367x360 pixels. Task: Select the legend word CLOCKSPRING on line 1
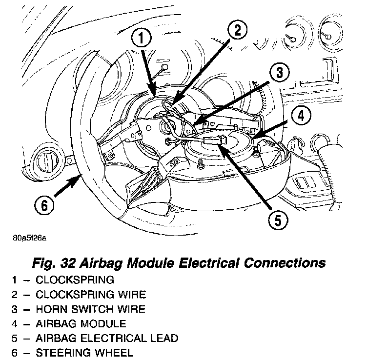pyautogui.click(x=75, y=280)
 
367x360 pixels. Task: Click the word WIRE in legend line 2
pyautogui.click(x=132, y=294)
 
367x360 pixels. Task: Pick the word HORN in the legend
pyautogui.click(x=50, y=309)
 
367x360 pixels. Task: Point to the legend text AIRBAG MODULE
pyautogui.click(x=81, y=323)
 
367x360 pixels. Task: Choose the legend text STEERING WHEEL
pyautogui.click(x=84, y=352)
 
